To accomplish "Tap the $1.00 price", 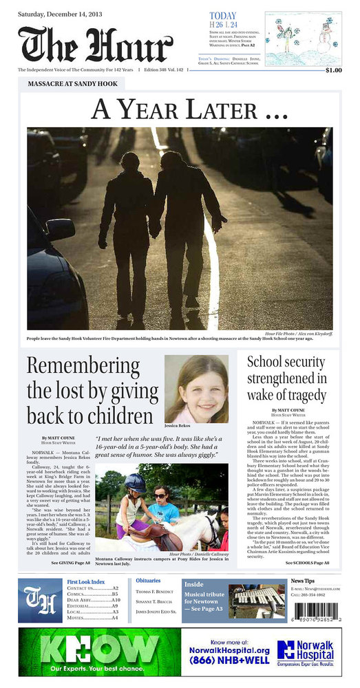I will pos(333,70).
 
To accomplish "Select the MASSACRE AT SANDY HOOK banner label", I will pos(72,84).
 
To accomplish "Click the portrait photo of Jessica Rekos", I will pos(196,389).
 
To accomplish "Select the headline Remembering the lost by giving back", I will pos(89,390).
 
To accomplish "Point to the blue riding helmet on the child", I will pos(134,483).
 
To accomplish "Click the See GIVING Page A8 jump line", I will pos(71,563).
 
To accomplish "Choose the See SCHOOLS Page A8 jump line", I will pos(306,563).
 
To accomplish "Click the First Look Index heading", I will pos(86,582).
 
